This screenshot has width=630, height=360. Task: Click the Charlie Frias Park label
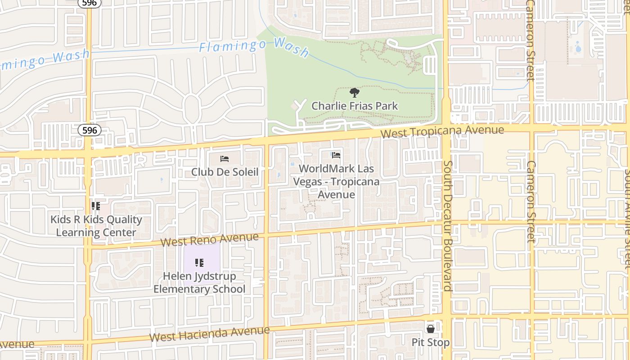tap(355, 106)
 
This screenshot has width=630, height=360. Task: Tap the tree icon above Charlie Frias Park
tap(355, 93)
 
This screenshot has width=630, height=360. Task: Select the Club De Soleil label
tap(225, 172)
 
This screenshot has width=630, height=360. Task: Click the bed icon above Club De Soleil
tap(225, 158)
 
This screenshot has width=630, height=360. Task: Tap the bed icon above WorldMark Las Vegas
tap(336, 156)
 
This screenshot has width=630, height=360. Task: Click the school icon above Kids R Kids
tap(96, 206)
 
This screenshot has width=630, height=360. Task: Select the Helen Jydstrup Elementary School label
tap(199, 283)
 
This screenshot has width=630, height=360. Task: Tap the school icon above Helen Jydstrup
tap(199, 262)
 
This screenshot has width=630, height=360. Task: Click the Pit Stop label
tap(431, 342)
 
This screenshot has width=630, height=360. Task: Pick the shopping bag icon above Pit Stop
tap(431, 329)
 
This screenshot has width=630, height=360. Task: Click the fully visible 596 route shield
tap(90, 130)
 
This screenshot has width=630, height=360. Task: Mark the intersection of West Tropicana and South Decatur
tap(446, 127)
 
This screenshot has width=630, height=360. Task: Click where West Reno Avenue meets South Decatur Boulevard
tap(446, 222)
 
